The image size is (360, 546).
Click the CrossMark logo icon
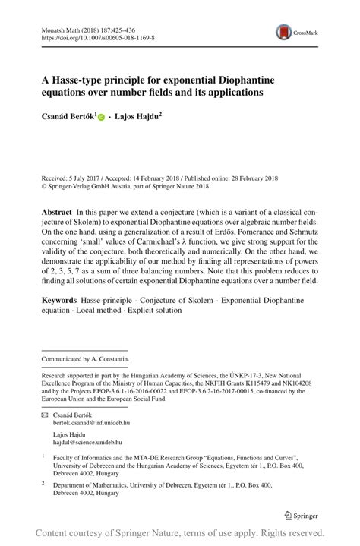[x=285, y=32]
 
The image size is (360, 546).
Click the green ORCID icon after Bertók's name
[x=101, y=118]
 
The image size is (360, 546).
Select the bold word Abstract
[x=57, y=210]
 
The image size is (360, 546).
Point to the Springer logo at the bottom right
[x=301, y=516]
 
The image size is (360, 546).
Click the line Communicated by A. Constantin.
[x=86, y=358]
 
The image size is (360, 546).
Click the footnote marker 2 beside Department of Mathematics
[x=43, y=482]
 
